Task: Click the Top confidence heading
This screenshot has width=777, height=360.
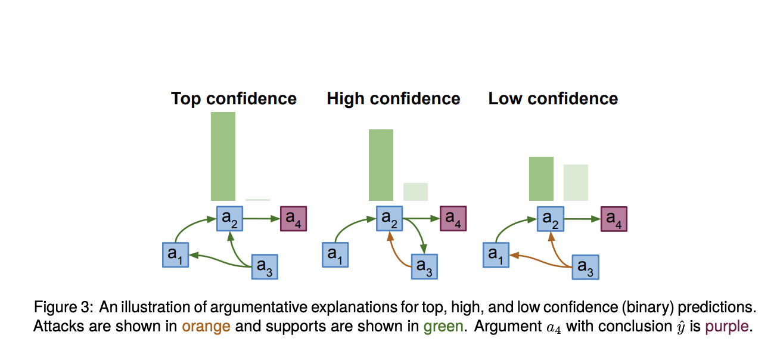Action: [234, 98]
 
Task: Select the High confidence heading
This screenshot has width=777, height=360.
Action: [393, 98]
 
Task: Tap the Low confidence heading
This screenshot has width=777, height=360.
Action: [553, 98]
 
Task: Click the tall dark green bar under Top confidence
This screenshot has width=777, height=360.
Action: [223, 156]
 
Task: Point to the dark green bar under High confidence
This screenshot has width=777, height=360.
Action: [381, 165]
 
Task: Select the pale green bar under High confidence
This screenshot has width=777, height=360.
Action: [415, 191]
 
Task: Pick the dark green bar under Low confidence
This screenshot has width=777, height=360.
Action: [541, 179]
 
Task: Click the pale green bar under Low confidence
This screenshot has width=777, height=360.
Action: [576, 182]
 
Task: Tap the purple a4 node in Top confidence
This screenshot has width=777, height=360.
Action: [293, 219]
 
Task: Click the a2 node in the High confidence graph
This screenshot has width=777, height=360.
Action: [389, 219]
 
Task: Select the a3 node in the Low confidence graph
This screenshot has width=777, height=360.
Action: [585, 267]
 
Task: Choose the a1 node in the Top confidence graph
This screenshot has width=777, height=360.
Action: [175, 255]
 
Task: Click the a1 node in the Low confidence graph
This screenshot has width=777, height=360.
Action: [495, 255]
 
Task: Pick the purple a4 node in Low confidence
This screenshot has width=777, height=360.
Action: [614, 219]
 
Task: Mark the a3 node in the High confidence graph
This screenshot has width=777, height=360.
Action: [424, 266]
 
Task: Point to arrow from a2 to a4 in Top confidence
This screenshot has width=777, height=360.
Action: [262, 219]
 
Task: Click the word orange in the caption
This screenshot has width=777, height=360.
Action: [206, 327]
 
